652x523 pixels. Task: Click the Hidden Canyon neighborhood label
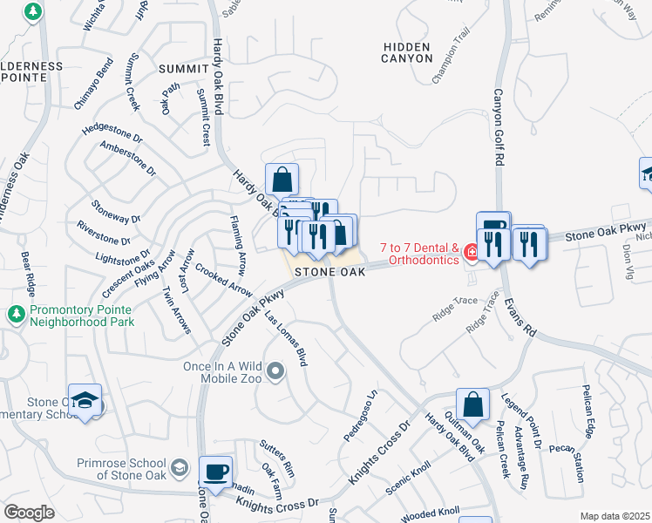tap(406, 51)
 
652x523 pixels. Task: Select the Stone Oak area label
tap(329, 273)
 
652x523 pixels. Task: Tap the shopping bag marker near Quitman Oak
tap(472, 404)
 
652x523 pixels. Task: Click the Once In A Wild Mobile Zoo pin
tap(276, 373)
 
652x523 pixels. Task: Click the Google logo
tap(29, 513)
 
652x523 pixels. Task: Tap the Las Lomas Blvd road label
tap(288, 338)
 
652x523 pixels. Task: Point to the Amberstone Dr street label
tap(128, 158)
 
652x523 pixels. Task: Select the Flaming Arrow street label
tap(238, 245)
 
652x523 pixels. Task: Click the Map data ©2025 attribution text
tap(615, 516)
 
